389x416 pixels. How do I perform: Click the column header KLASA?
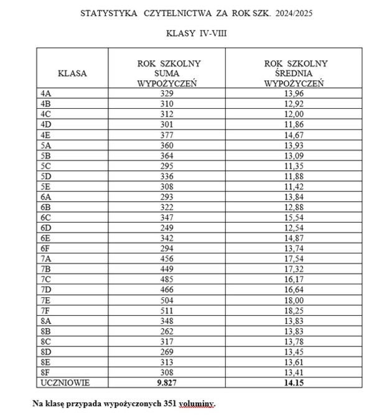click(x=72, y=73)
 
